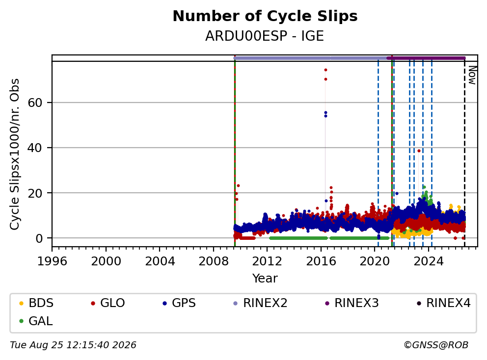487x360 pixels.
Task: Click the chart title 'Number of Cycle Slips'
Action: click(x=265, y=16)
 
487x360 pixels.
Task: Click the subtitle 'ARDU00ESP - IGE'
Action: click(x=265, y=36)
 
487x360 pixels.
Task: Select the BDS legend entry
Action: click(x=36, y=303)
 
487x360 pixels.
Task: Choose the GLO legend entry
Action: click(x=108, y=303)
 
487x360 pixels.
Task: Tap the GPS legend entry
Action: click(x=179, y=303)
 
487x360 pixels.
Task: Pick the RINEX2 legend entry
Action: click(x=260, y=303)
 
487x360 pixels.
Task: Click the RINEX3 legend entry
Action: click(x=352, y=303)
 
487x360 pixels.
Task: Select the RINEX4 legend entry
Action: click(x=443, y=303)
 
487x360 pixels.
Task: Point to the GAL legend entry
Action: click(x=36, y=321)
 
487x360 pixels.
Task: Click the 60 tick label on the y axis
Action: click(x=35, y=103)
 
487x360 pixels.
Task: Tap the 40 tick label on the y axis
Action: click(x=35, y=148)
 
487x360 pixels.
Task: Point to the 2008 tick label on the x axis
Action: click(x=214, y=261)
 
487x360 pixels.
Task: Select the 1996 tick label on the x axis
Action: click(x=52, y=261)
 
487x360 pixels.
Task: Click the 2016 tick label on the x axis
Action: click(x=321, y=261)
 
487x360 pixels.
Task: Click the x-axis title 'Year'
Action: click(x=265, y=279)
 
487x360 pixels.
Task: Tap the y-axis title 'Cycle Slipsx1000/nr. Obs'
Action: click(x=14, y=154)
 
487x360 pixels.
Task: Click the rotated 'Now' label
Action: click(x=472, y=75)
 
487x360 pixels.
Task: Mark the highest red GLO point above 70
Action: click(x=325, y=70)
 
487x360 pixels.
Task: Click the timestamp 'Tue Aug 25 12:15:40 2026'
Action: click(x=73, y=345)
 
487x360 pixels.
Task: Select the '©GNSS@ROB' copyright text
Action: click(x=436, y=345)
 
